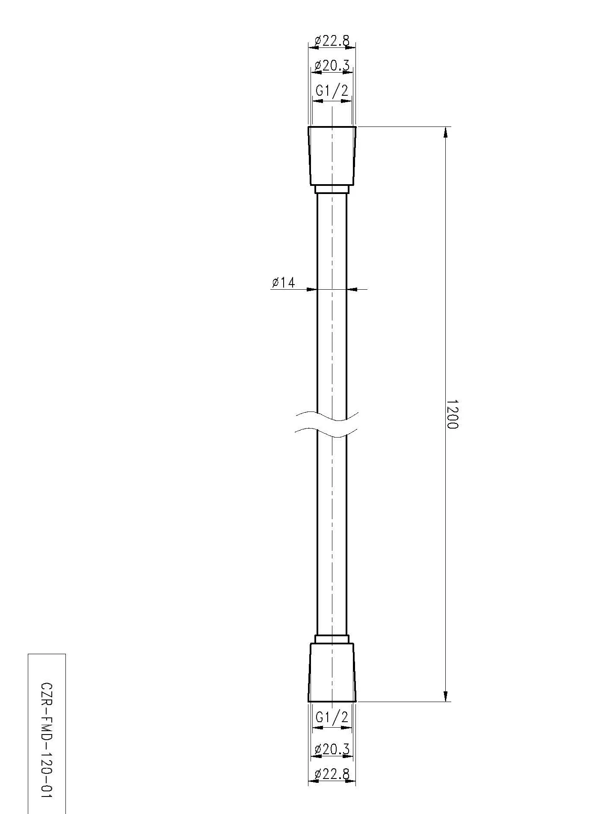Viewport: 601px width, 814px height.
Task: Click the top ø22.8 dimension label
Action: [332, 41]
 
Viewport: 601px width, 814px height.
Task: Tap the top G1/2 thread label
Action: [332, 90]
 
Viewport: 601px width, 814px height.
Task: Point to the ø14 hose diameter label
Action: [284, 282]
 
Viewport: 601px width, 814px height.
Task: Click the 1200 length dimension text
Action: [452, 414]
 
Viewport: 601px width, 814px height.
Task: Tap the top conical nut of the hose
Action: [332, 156]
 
